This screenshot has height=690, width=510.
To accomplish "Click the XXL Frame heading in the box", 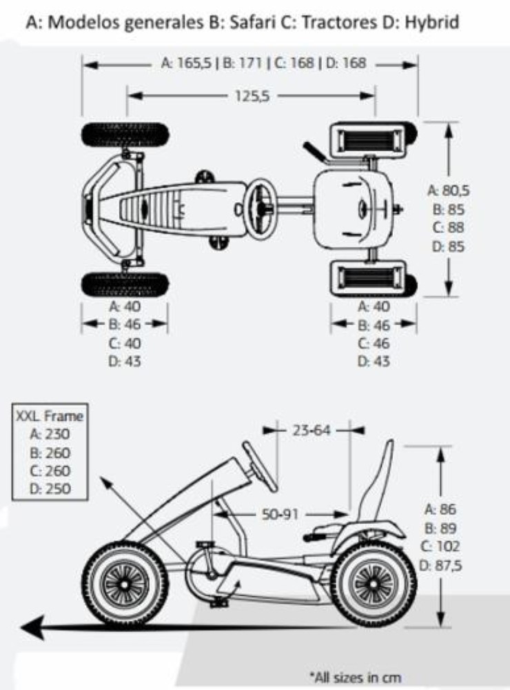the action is pos(49,416).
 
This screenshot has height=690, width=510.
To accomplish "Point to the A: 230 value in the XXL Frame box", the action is pos(50,434).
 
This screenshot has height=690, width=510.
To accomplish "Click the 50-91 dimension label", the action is pos(280,513).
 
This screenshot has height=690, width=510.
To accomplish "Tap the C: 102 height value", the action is pos(440,546).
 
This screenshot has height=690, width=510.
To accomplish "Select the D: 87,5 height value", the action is pos(441,565).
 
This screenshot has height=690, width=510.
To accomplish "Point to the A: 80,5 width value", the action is pos(449,190).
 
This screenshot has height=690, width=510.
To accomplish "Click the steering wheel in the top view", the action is pos(263,206).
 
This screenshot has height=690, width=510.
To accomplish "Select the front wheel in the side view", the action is pos(125,584).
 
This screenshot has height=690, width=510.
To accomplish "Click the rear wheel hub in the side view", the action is pos(374,584).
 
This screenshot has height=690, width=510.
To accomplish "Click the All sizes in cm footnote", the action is pos(355,677).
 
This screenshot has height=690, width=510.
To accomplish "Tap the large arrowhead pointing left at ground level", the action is pos(33,627).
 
